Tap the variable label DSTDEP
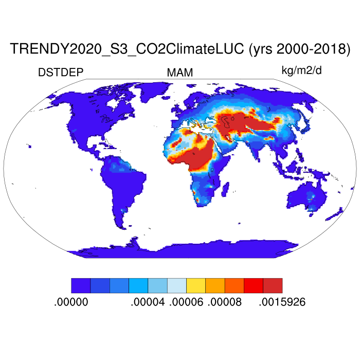[x=61, y=73]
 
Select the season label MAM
[x=180, y=73]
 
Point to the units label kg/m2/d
[x=301, y=70]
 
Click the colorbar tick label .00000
[x=71, y=302]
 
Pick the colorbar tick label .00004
[x=148, y=302]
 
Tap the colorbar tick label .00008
[x=224, y=302]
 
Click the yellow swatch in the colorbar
[x=195, y=285]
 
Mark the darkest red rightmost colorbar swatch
[x=273, y=285]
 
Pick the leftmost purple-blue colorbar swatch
[x=81, y=285]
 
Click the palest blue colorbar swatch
[x=176, y=285]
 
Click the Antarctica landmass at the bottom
[x=180, y=249]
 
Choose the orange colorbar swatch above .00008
[x=215, y=285]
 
